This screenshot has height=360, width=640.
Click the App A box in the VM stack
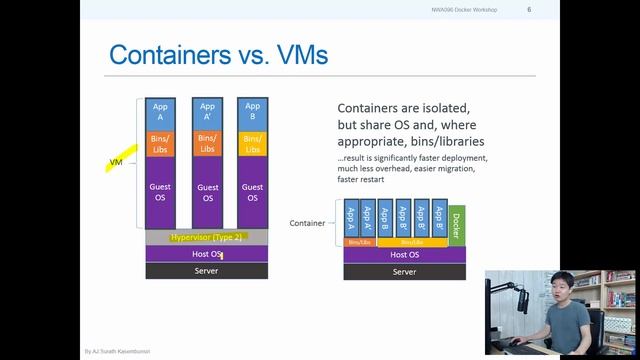coord(159,111)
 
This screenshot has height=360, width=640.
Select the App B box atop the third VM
coord(253,111)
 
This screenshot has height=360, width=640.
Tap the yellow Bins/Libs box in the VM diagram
coord(253,143)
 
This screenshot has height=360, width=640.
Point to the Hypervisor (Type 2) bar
coord(207,237)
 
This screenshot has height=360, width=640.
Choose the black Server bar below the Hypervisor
coord(207,271)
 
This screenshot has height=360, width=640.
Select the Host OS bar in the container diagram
coord(404,255)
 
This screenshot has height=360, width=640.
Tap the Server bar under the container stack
coord(404,271)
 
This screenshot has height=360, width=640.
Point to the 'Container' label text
coord(307,222)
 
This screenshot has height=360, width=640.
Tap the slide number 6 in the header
coord(528,10)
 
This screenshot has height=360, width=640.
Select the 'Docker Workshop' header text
coord(474,10)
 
